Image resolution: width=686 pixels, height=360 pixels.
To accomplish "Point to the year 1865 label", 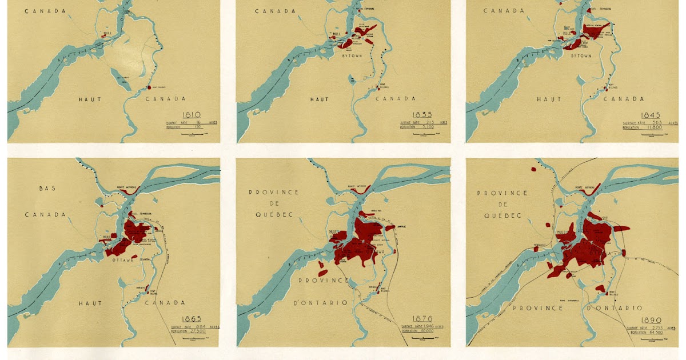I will click(193, 318).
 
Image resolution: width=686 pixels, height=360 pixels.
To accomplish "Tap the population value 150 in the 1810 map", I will click(198, 127).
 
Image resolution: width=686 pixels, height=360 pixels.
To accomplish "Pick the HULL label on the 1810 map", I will click(103, 32).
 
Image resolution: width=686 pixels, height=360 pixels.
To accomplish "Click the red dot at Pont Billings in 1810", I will click(148, 87).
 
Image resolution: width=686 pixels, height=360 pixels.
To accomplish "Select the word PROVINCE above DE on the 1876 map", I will click(273, 192).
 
